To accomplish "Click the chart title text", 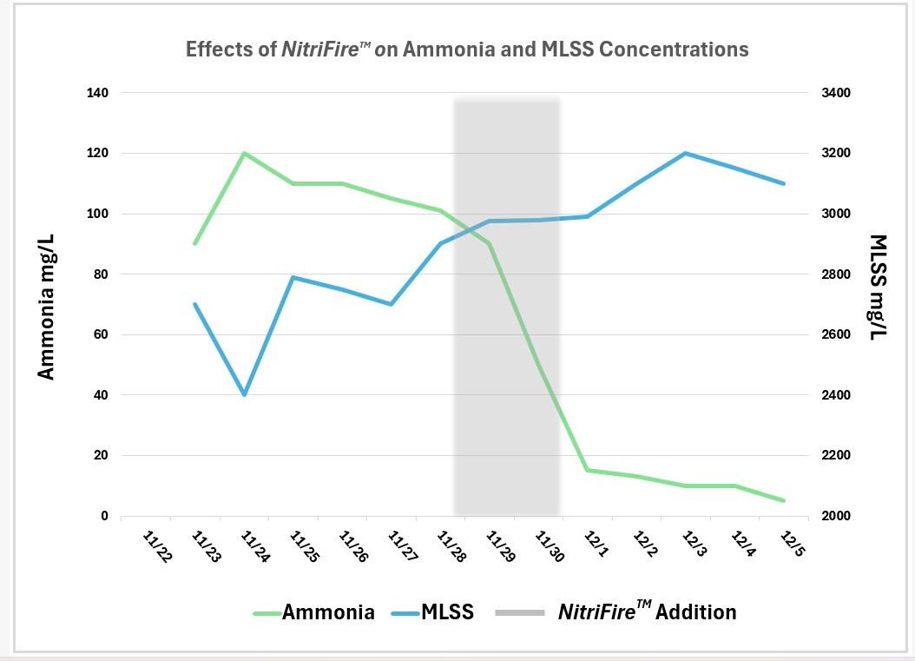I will [x=467, y=49].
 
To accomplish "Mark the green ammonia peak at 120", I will [x=245, y=153].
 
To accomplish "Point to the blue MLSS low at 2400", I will [x=245, y=395].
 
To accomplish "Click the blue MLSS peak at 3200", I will [x=686, y=153].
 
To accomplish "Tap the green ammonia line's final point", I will [x=784, y=500].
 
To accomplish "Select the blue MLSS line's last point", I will [x=784, y=183].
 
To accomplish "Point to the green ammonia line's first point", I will [x=195, y=244].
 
